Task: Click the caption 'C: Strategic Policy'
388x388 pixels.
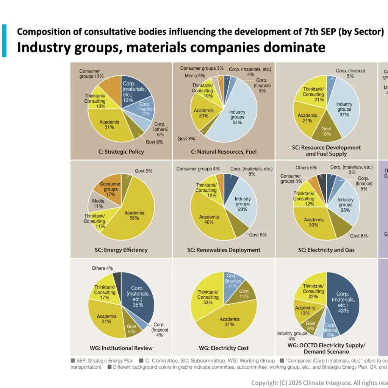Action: (x=122, y=152)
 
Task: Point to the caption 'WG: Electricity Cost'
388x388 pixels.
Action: (x=224, y=348)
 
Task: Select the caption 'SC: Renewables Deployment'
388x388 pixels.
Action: (x=224, y=250)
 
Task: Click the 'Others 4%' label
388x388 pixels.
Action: (x=102, y=268)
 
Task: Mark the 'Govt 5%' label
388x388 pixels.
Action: (x=144, y=171)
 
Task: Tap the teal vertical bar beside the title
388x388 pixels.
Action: (x=4, y=41)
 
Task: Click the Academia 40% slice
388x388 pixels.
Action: (x=208, y=220)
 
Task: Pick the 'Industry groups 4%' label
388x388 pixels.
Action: (x=291, y=336)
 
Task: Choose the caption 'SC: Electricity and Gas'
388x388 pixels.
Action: (x=326, y=250)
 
